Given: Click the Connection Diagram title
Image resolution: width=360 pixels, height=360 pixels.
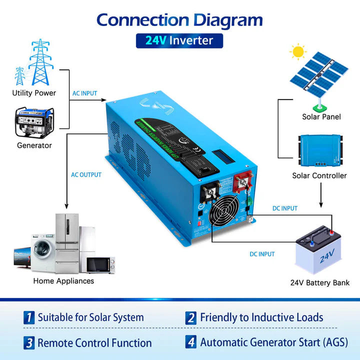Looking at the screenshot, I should [179, 20].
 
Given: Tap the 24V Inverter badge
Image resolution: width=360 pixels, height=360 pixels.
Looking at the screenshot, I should [179, 40].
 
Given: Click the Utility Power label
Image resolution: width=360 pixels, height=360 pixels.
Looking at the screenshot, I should [34, 93].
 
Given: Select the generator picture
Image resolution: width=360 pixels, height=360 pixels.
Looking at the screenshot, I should [33, 122].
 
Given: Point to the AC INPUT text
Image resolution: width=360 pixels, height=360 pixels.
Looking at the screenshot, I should [85, 93].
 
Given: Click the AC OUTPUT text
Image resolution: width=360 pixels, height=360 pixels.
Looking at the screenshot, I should [86, 175].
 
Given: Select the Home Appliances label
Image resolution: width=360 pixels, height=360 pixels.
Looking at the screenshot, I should [63, 281].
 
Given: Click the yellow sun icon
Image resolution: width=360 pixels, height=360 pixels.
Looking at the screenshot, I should [299, 51].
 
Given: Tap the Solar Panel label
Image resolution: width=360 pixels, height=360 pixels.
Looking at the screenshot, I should [321, 117].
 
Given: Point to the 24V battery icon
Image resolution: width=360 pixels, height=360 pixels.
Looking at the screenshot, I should [320, 250].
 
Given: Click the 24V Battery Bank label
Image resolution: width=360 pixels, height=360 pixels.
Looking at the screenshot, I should [319, 283].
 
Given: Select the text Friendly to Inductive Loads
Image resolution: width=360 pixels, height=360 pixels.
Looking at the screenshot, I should [261, 317].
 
